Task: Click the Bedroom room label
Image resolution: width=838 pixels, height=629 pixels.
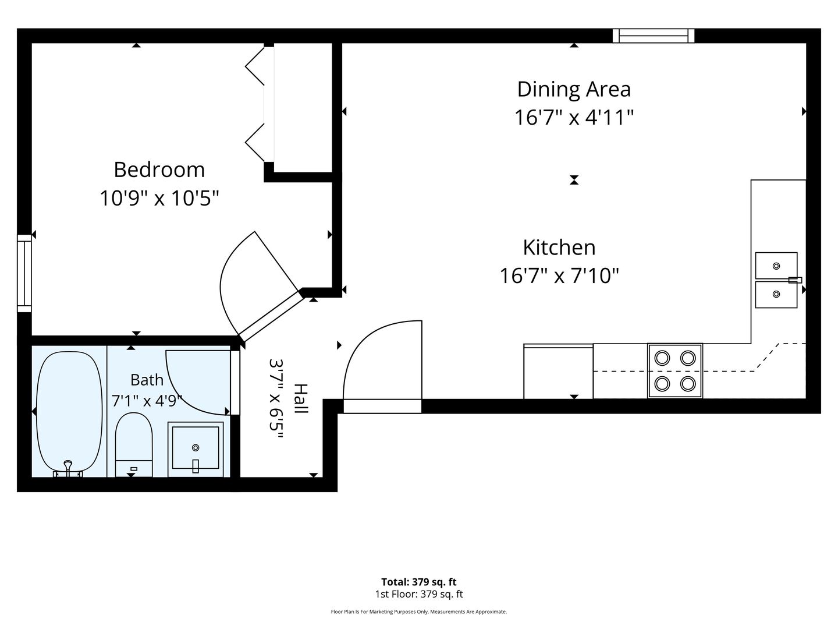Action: click(159, 170)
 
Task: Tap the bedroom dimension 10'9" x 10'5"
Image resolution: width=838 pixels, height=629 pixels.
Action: click(159, 198)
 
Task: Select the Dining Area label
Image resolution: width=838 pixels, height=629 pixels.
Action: click(574, 89)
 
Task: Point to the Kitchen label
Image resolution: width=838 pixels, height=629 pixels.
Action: click(559, 248)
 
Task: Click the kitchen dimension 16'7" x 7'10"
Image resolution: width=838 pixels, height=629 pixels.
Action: click(559, 275)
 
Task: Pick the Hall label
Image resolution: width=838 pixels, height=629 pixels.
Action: click(301, 398)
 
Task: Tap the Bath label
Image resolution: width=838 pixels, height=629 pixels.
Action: click(147, 380)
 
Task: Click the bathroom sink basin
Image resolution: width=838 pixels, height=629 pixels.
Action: click(196, 448)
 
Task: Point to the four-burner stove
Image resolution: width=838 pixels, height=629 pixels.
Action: click(675, 371)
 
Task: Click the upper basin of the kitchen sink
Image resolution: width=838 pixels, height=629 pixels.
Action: click(776, 266)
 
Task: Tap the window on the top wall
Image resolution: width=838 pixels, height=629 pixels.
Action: click(654, 36)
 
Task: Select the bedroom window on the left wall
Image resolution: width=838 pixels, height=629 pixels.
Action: click(24, 273)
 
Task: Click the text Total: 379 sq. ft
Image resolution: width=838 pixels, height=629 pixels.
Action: click(419, 582)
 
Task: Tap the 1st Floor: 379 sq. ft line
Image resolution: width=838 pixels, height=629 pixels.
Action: click(419, 594)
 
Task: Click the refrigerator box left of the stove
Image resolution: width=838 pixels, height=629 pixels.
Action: click(558, 372)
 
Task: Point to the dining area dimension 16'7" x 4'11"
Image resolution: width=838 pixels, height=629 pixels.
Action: click(574, 117)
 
